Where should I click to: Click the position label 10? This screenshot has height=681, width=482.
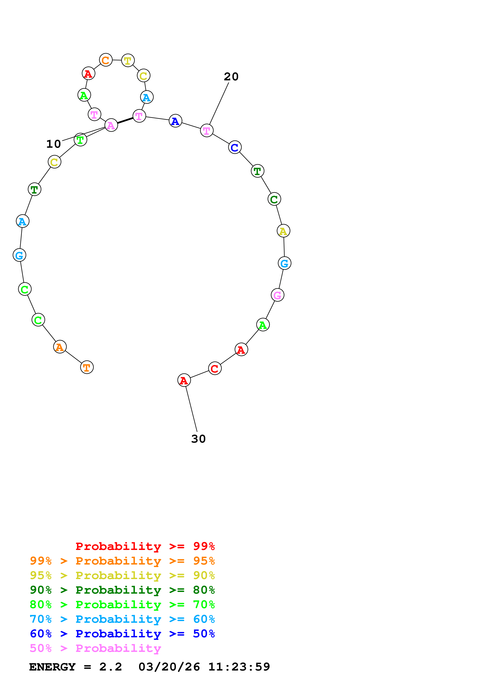[53, 144]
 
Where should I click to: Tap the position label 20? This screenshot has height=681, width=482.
[231, 77]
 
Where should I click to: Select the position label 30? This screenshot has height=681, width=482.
[198, 439]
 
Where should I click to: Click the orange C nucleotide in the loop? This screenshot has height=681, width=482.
[106, 60]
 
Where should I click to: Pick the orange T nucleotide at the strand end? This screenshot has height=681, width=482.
[87, 367]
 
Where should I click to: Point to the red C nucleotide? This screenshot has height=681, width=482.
[215, 368]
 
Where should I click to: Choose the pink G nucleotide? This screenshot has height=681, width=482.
[277, 295]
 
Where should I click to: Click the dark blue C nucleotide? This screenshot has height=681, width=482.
[235, 147]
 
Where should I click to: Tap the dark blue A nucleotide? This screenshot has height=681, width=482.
[175, 121]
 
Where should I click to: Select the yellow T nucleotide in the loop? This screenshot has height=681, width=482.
[128, 61]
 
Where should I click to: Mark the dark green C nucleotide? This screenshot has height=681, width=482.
[274, 199]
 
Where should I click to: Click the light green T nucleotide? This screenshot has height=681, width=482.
[80, 140]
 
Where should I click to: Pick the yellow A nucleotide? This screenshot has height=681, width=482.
[283, 231]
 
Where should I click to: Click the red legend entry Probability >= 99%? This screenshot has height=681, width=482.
[145, 546]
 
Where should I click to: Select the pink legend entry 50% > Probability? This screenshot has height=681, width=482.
[95, 648]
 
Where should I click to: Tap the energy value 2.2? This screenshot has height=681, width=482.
[110, 667]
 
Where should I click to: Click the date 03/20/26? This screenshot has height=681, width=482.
[169, 667]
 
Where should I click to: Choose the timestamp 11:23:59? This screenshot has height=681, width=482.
[239, 667]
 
